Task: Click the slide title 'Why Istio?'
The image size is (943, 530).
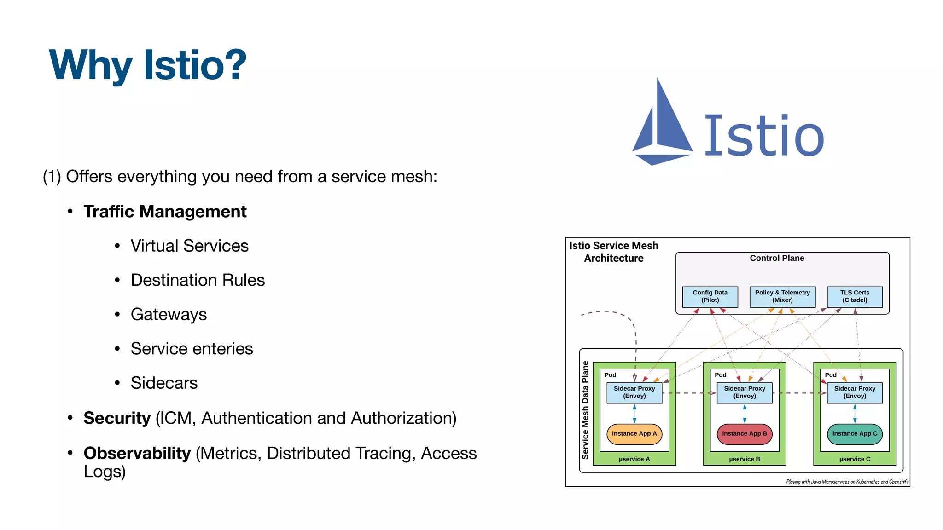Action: point(147,65)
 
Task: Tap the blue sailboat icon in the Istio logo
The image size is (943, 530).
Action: point(662,124)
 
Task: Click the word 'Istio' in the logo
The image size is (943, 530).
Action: point(764,136)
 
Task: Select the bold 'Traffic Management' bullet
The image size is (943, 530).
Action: point(165,212)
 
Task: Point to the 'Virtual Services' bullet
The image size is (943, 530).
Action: point(189,246)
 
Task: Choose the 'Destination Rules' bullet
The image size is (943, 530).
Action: point(198,280)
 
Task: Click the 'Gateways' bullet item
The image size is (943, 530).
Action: point(169,315)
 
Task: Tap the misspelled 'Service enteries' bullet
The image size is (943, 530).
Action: point(192,349)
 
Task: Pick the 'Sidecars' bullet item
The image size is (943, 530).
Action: point(164,383)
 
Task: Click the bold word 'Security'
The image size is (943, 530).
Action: point(117,418)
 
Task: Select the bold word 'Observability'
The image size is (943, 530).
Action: point(137,454)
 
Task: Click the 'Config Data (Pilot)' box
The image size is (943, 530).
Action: point(710,296)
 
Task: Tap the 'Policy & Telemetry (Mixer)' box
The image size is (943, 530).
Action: point(782,296)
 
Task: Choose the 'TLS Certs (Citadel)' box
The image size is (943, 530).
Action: point(855,296)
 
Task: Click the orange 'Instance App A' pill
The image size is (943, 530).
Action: point(634,434)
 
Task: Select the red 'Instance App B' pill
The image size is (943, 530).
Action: point(744,434)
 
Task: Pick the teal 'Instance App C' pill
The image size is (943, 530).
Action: point(855,434)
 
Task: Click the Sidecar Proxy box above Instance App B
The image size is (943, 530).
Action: point(744,392)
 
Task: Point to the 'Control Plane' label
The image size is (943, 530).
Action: point(777,259)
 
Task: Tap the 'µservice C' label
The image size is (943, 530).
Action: point(855,459)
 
